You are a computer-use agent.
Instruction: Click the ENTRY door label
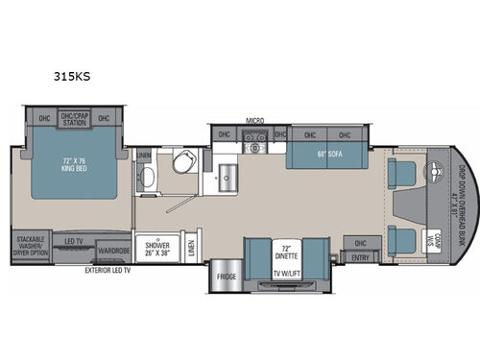[x=360, y=256]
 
